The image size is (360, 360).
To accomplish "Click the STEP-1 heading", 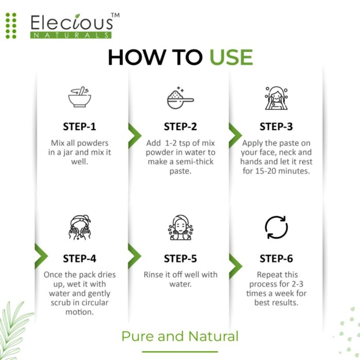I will point(79,127).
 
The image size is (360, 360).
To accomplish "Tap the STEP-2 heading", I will point(180,127).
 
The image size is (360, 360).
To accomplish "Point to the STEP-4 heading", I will point(79,258).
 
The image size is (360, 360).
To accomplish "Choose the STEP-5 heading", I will point(180,258).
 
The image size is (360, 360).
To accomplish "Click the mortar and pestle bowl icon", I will point(80,97).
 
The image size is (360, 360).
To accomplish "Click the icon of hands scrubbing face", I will point(80,227).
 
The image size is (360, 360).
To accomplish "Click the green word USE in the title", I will point(231,58).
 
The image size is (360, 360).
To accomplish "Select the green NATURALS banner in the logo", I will point(70,35).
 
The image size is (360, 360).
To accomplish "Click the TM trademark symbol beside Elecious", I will point(116,16).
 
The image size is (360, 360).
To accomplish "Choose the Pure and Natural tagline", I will point(180,336).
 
